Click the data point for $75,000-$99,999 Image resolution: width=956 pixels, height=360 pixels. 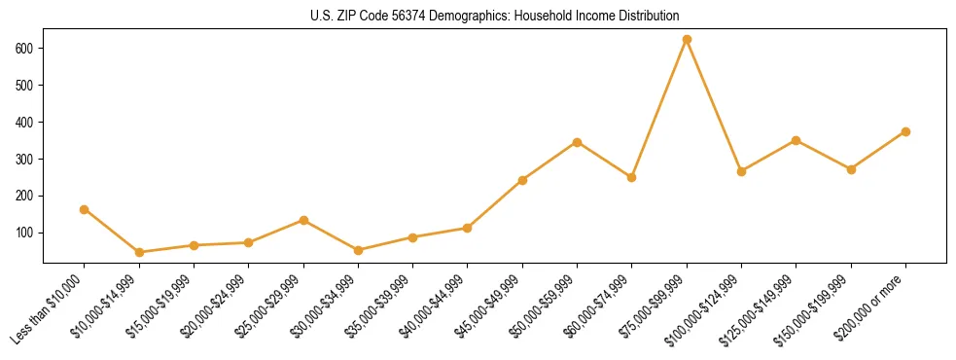[687, 40]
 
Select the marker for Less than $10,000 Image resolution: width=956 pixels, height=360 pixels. [85, 209]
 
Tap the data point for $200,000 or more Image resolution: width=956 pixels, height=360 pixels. [905, 131]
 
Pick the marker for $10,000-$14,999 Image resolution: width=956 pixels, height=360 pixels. [139, 252]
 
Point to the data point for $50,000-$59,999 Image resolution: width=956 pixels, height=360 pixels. [577, 142]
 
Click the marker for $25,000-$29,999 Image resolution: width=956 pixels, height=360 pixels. [303, 220]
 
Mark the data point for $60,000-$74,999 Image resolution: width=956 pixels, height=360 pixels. [631, 177]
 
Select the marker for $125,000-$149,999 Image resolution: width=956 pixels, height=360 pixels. [796, 140]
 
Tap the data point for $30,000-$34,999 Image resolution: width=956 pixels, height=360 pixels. [358, 250]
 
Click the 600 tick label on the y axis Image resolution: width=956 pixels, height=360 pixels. [25, 48]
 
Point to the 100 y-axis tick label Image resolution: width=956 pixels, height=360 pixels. [25, 233]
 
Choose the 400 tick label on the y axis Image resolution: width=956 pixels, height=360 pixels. [25, 122]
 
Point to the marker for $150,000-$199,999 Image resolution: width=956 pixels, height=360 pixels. [851, 169]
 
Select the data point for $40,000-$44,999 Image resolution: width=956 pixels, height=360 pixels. [468, 228]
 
